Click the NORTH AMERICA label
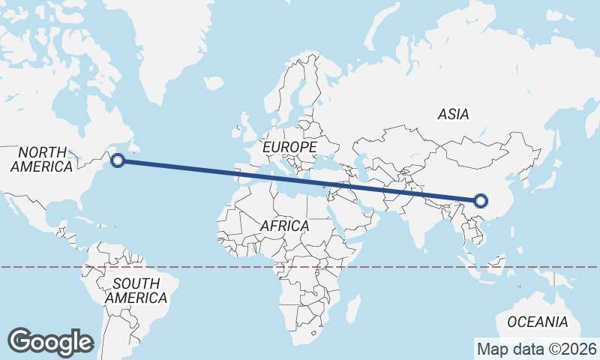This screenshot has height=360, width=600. point(42,159)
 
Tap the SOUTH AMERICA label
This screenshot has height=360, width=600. point(136,290)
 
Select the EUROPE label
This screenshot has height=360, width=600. point(289,147)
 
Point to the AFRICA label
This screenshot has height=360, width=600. point(284,225)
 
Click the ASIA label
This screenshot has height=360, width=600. point(453,114)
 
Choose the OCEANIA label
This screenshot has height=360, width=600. point(537,322)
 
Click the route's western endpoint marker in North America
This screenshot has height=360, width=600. point(118,160)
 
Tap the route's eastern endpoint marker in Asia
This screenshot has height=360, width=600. point(481,200)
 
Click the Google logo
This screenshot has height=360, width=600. point(50,341)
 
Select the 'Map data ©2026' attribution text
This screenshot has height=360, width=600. point(537,349)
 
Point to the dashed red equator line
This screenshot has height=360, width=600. point(225,266)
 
